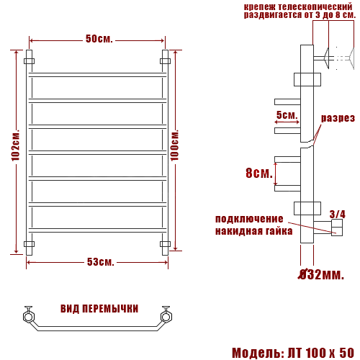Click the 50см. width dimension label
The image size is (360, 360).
point(99,39)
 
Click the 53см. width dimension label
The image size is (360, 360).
point(100,261)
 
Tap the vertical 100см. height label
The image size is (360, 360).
point(175,151)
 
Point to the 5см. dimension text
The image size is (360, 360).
point(287,115)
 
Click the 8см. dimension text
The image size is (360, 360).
point(258,174)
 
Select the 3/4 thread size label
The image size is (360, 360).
point(337,213)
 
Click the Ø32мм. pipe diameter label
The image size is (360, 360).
point(321,274)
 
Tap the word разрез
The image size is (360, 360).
point(338,118)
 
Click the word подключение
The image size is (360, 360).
point(249,219)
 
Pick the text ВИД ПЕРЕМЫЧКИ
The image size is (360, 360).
point(99,309)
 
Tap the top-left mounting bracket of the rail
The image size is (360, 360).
point(30,61)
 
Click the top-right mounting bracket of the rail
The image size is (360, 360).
point(165,61)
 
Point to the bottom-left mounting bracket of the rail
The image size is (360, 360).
point(30,244)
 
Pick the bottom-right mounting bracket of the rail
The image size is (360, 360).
point(165,244)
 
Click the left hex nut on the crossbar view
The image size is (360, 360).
point(29,315)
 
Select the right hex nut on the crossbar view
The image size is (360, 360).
point(166,315)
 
